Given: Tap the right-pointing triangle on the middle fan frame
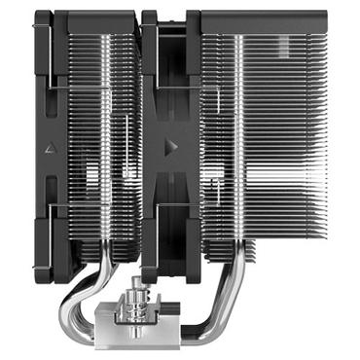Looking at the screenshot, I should (171, 146).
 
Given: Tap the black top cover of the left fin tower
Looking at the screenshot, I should (97, 17).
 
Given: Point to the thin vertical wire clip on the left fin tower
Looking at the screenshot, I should (127, 146).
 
